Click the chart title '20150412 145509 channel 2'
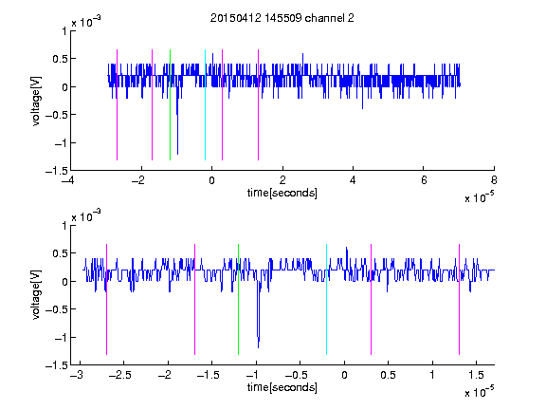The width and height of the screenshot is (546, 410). click(x=282, y=18)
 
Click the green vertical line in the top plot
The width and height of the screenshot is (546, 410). click(x=170, y=105)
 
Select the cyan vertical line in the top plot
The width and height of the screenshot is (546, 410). click(x=205, y=105)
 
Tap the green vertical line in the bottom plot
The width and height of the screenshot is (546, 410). click(x=238, y=300)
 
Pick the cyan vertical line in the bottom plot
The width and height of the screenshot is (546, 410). click(x=326, y=300)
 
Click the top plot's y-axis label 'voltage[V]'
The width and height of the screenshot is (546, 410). click(x=36, y=102)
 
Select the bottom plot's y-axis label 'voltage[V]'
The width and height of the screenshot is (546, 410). click(x=36, y=295)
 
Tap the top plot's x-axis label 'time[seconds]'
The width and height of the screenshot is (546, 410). click(x=282, y=193)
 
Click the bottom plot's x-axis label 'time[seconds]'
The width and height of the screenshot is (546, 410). click(x=282, y=387)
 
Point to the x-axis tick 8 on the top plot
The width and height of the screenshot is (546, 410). click(x=494, y=180)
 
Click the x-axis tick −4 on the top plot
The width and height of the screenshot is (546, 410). click(x=68, y=180)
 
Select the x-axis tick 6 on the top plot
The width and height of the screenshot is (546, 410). click(x=424, y=180)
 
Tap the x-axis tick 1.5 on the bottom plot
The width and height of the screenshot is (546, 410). click(x=476, y=375)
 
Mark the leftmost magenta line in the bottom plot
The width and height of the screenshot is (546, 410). click(x=106, y=300)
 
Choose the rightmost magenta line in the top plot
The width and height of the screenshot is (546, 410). click(x=258, y=105)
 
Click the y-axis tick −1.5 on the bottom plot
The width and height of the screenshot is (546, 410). click(x=57, y=365)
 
